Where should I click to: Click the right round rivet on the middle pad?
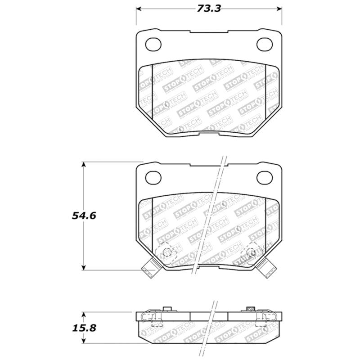(252, 252)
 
